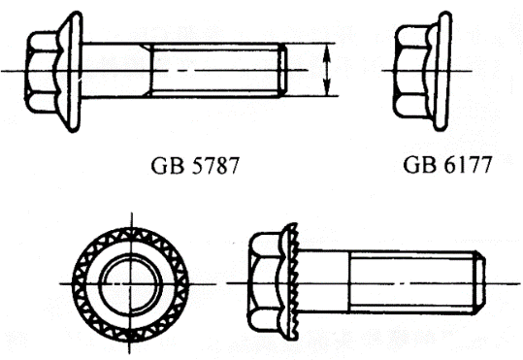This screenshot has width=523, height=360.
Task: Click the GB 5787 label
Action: [x=195, y=166]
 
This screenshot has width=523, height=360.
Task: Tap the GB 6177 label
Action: [x=447, y=165]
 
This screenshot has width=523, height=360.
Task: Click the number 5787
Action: [x=215, y=166]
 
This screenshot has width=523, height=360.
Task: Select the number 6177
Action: [x=469, y=165]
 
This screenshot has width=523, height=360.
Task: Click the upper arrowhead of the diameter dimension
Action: [x=327, y=50]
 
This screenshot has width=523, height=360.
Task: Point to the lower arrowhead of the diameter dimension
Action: [x=327, y=89]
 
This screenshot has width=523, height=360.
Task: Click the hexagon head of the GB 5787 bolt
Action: [x=43, y=71]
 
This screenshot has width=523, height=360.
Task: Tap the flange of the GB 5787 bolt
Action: [x=71, y=72]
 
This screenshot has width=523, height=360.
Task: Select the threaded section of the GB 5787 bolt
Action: [x=215, y=71]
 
